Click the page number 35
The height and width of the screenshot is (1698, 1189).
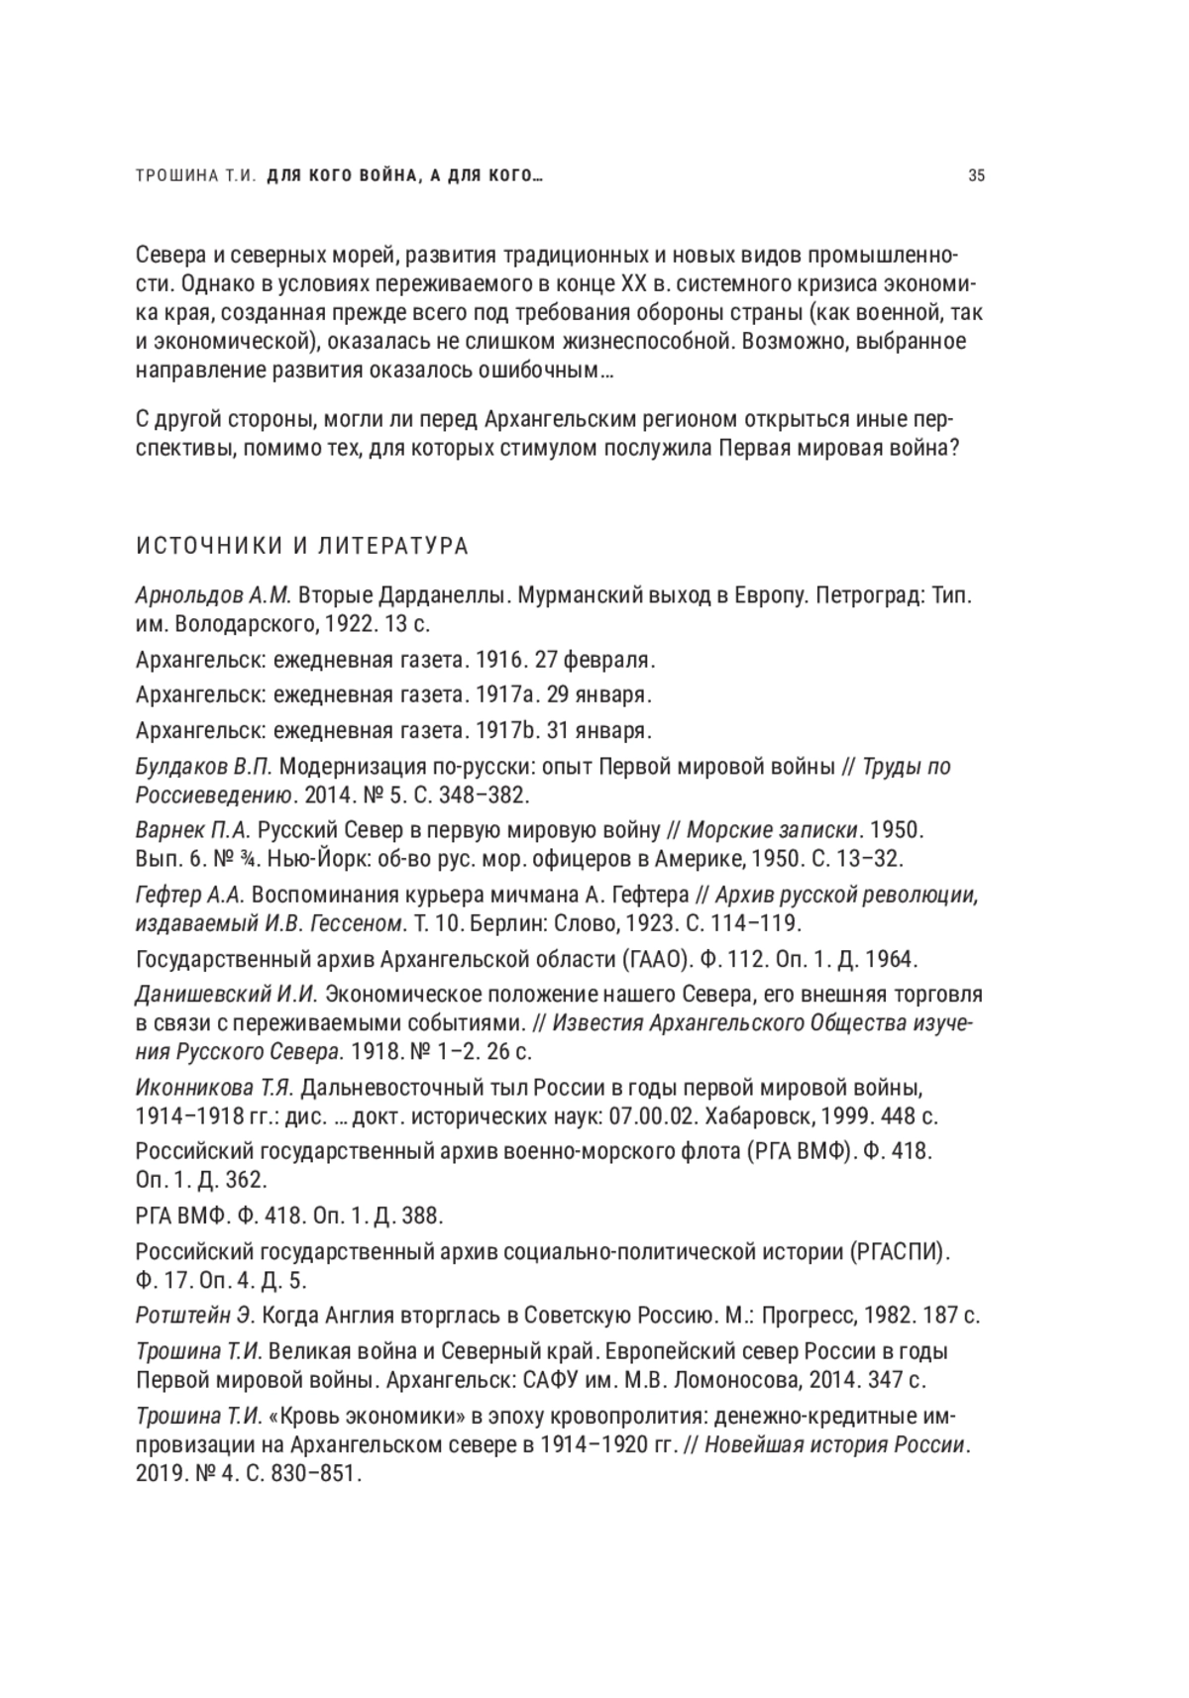pyautogui.click(x=976, y=176)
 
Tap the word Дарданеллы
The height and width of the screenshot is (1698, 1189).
pyautogui.click(x=436, y=596)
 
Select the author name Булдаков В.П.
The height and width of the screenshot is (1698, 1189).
pyautogui.click(x=203, y=767)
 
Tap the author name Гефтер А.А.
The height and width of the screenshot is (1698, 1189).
pyautogui.click(x=189, y=895)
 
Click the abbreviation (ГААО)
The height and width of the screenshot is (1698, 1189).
pyautogui.click(x=654, y=959)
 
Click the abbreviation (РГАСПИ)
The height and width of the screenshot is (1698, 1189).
pyautogui.click(x=899, y=1251)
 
